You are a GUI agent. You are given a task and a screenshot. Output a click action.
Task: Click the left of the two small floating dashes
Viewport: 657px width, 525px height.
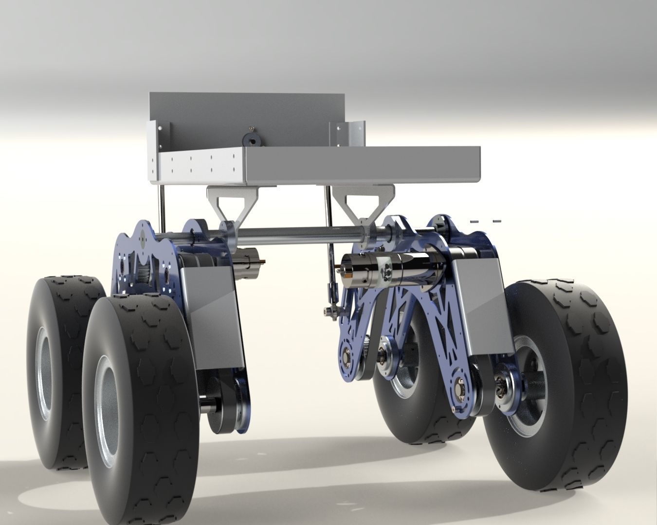pyautogui.click(x=475, y=221)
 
